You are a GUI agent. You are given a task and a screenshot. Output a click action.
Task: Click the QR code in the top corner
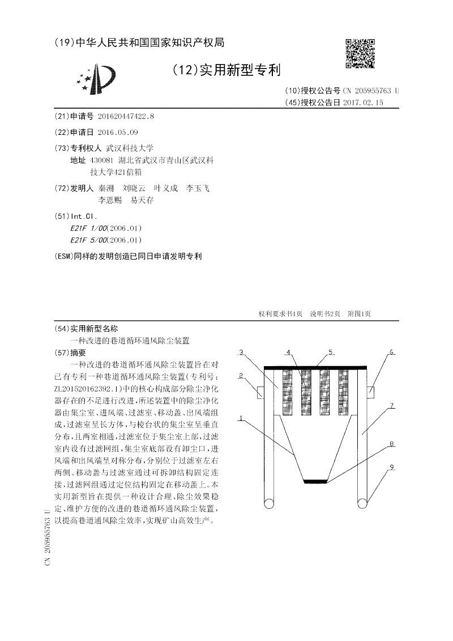[360, 53]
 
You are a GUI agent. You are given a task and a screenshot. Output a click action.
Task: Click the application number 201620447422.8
[126, 116]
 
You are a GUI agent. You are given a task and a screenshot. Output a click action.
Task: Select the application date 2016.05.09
[118, 132]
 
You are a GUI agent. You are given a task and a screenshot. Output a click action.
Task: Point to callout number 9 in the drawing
[391, 468]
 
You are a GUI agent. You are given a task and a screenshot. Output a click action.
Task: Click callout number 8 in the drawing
[390, 445]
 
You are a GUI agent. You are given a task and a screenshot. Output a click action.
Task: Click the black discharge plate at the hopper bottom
[316, 482]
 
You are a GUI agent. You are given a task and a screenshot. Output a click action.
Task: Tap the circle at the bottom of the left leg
[271, 502]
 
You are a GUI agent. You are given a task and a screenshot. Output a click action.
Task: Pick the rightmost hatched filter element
[344, 386]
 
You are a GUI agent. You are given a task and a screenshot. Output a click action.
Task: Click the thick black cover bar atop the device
[316, 368]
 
